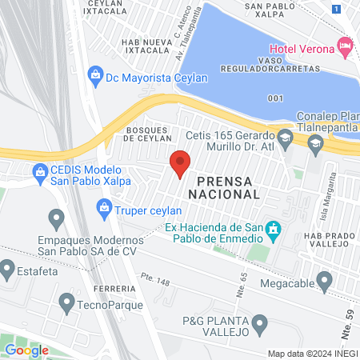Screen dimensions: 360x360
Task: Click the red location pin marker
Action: (x=180, y=163)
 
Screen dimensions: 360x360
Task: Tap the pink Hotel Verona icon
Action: (x=345, y=46)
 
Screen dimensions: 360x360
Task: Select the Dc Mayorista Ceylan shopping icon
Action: (x=95, y=76)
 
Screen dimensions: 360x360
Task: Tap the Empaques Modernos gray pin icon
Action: (x=56, y=217)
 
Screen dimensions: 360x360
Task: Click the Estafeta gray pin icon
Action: (x=7, y=267)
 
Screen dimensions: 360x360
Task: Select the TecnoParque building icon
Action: (x=67, y=302)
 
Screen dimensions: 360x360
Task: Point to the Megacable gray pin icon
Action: (x=324, y=281)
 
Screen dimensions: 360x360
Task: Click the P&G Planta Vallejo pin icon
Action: (x=259, y=324)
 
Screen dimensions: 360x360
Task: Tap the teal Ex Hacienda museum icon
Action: (x=274, y=230)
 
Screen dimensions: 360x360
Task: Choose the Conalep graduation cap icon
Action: (x=315, y=144)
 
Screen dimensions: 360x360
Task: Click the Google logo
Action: (x=27, y=350)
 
